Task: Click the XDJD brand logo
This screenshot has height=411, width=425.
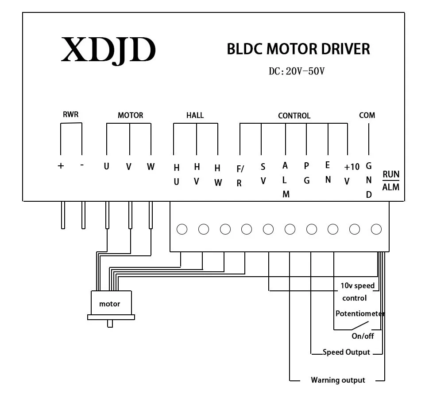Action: coord(108,51)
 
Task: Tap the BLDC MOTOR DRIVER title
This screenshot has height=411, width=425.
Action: coord(298,49)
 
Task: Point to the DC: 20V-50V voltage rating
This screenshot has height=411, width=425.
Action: coord(297,71)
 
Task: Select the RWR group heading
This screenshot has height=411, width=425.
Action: coord(71,114)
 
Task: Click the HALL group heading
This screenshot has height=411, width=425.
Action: coord(195,115)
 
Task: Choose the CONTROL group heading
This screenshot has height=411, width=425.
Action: coord(294,116)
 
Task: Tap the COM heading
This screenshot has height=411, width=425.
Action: coord(367,115)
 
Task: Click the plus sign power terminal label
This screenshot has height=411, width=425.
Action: coord(61,166)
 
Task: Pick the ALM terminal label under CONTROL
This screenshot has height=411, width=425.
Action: coord(285,180)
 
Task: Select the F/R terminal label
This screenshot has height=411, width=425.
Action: coord(240,176)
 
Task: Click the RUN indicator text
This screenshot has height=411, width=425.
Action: coord(391,174)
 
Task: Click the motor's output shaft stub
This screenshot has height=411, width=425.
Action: coord(110,324)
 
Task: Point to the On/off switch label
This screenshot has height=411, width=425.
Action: coord(363,336)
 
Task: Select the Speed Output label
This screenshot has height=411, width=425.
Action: coord(346,352)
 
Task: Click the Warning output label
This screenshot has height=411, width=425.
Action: coord(338,380)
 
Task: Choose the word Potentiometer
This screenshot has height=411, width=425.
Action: coord(360,313)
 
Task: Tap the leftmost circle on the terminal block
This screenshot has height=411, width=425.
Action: coord(182,229)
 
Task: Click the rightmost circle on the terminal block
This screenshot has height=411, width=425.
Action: coord(376,229)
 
